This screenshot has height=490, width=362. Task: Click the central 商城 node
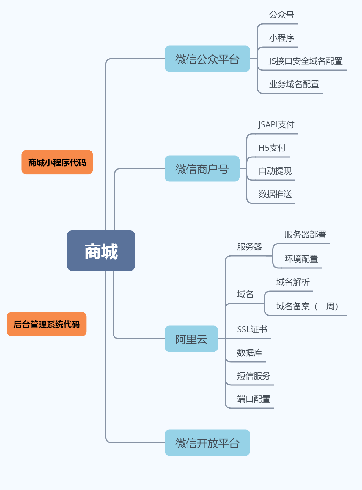click(x=101, y=251)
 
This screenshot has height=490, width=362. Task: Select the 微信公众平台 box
click(x=207, y=59)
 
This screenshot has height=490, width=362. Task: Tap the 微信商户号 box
click(x=202, y=169)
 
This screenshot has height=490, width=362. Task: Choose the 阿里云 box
click(x=191, y=339)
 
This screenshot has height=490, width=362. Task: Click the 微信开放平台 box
click(x=207, y=443)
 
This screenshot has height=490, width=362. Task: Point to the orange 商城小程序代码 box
click(x=57, y=162)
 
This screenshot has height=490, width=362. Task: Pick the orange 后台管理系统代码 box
click(x=47, y=324)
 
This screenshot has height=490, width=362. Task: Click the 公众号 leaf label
click(x=281, y=15)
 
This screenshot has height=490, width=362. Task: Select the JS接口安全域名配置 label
click(x=306, y=61)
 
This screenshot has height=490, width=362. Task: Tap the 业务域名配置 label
click(x=294, y=84)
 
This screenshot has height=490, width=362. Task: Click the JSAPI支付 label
click(x=276, y=125)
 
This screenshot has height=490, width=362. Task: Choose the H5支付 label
click(x=272, y=148)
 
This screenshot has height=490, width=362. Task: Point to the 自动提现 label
click(x=275, y=171)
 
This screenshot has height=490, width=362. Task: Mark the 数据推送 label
click(x=275, y=194)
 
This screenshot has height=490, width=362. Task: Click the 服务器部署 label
click(x=305, y=235)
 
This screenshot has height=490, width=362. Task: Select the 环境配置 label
click(x=301, y=259)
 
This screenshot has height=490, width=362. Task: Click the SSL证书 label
click(x=252, y=329)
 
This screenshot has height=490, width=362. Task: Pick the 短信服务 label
click(x=254, y=376)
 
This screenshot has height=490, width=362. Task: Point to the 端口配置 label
click(x=254, y=399)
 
